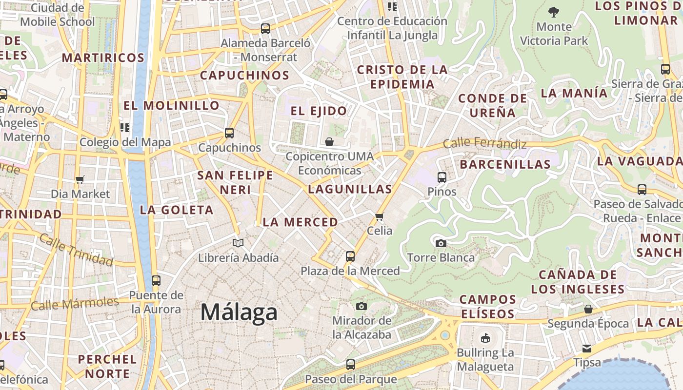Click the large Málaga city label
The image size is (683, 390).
(239, 312)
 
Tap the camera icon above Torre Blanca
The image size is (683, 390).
(441, 243)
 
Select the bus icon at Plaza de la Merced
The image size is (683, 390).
(350, 256)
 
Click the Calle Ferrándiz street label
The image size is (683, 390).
(484, 143)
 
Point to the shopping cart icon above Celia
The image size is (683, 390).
(380, 216)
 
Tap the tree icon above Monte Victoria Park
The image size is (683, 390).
(553, 12)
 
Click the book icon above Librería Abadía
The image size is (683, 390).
(238, 243)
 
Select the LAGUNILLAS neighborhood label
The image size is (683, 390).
(350, 189)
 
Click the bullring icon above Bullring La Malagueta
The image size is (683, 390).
(485, 338)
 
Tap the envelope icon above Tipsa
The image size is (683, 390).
(586, 349)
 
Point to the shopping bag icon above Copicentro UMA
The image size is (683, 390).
(329, 142)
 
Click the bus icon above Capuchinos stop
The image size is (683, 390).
(229, 133)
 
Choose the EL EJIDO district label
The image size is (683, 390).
(319, 111)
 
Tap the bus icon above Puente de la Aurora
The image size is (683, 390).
(156, 281)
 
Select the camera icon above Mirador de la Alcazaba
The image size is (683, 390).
(361, 306)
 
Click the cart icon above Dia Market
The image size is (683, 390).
(80, 179)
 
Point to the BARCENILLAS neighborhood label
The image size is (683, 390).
(505, 164)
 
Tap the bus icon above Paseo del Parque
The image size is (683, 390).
(350, 364)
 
